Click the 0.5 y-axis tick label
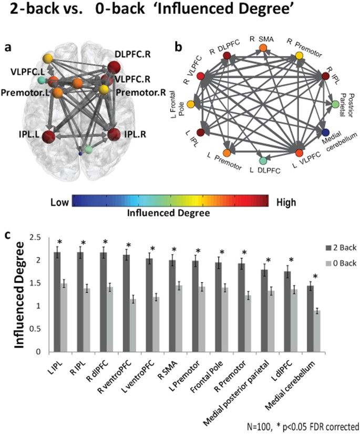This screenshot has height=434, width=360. [42, 329]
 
